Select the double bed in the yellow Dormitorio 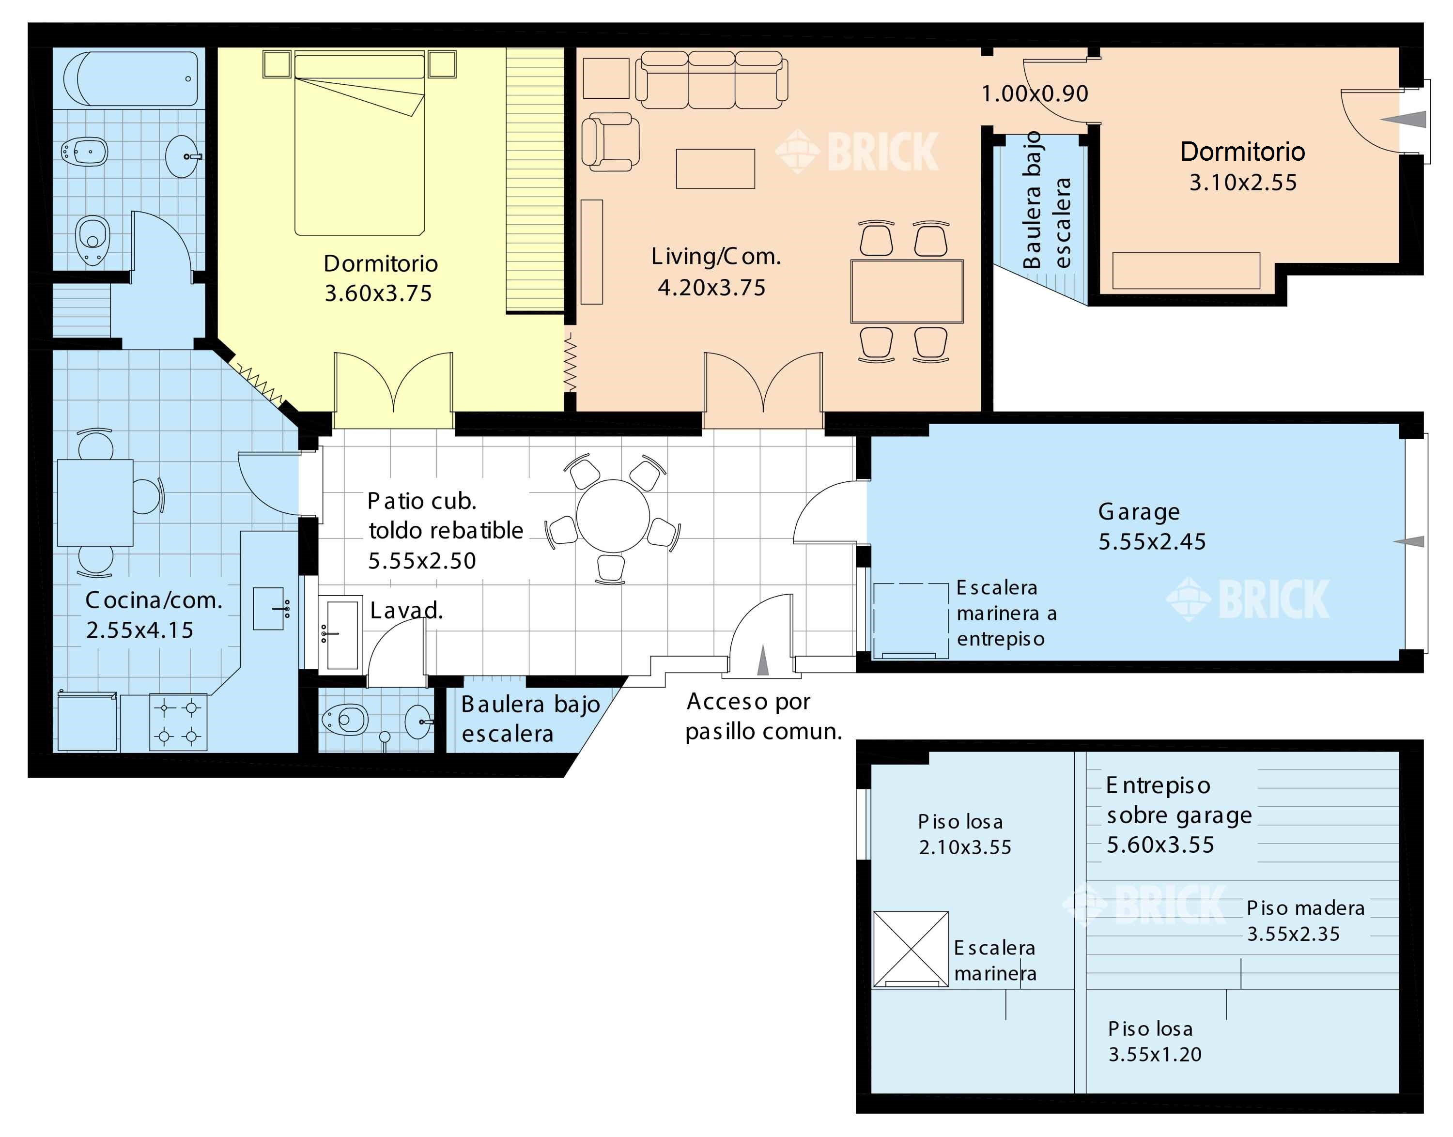click(x=359, y=144)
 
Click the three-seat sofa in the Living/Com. click(x=711, y=80)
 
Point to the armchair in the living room click(x=610, y=142)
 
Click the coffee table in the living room click(x=715, y=169)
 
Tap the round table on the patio click(x=613, y=515)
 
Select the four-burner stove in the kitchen click(x=178, y=722)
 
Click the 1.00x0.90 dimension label click(x=1035, y=94)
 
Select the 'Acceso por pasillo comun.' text click(x=764, y=716)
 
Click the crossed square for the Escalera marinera click(x=910, y=949)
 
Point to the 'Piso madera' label click(x=1305, y=908)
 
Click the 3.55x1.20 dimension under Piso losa click(x=1155, y=1055)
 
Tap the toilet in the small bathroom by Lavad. click(x=344, y=720)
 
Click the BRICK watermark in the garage click(x=1247, y=599)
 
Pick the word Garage click(x=1139, y=512)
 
